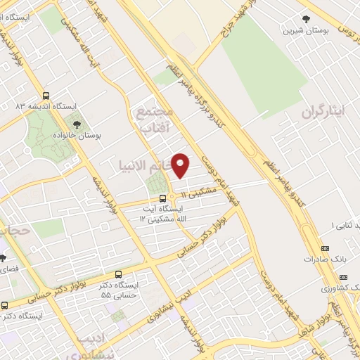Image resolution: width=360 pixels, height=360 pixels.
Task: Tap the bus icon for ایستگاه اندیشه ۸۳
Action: coord(46,96)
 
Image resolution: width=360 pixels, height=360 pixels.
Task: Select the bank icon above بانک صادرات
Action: coord(324,248)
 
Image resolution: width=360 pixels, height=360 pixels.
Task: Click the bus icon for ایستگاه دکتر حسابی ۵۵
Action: coord(118,274)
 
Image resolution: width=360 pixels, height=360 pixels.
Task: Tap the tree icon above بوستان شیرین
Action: coord(305,20)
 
